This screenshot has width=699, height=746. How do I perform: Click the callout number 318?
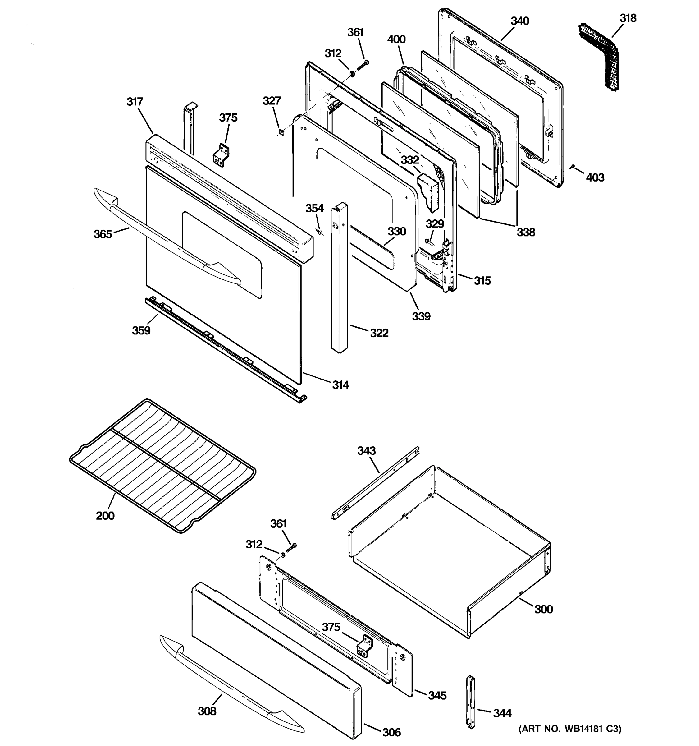[x=628, y=18]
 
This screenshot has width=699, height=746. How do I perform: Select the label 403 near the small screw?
[x=595, y=177]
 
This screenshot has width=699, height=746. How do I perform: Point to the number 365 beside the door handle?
[x=103, y=234]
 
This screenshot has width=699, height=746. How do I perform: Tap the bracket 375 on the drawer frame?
[x=364, y=645]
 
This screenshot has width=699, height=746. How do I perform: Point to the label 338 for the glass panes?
[x=526, y=232]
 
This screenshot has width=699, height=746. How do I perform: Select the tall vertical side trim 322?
[x=339, y=278]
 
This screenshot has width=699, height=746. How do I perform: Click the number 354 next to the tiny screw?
[x=314, y=208]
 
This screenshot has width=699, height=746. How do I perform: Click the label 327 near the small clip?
[x=272, y=101]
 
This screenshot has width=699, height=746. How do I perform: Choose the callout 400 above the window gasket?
[x=396, y=39]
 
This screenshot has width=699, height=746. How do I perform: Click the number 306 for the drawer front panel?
[x=391, y=732]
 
